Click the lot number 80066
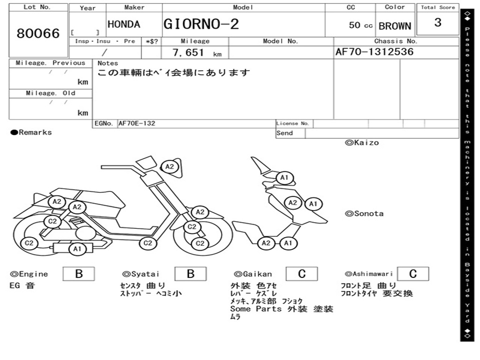pyautogui.click(x=38, y=34)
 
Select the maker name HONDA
pyautogui.click(x=124, y=25)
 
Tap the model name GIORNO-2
pyautogui.click(x=201, y=24)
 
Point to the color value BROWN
pyautogui.click(x=395, y=26)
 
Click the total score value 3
pyautogui.click(x=437, y=22)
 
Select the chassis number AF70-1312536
pyautogui.click(x=375, y=52)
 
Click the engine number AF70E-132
pyautogui.click(x=137, y=124)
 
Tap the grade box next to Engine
pyautogui.click(x=78, y=274)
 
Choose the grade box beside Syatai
pyautogui.click(x=190, y=274)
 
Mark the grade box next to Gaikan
pyautogui.click(x=302, y=274)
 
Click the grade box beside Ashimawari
pyautogui.click(x=412, y=274)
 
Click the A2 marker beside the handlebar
pyautogui.click(x=170, y=166)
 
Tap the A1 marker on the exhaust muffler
pyautogui.click(x=77, y=249)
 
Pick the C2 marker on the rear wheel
pyautogui.click(x=29, y=243)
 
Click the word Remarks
pyautogui.click(x=35, y=133)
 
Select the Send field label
pyautogui.click(x=285, y=133)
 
